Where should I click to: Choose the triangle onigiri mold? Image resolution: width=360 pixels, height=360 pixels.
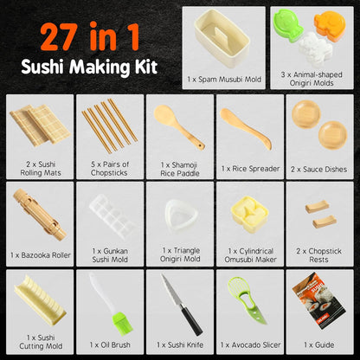(x=178, y=213)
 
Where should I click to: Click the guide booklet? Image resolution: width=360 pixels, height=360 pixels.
(x=317, y=302)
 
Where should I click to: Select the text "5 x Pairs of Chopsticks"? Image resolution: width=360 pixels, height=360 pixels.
(x=109, y=168)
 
